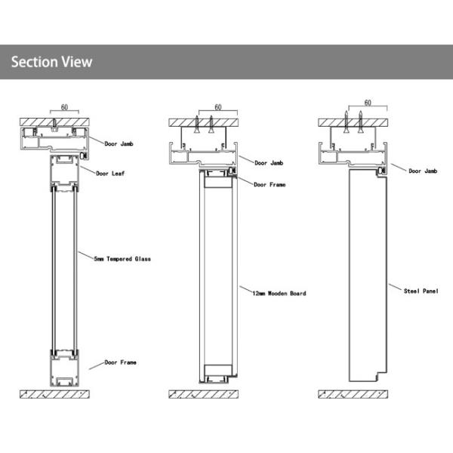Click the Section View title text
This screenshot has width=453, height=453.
[51, 62]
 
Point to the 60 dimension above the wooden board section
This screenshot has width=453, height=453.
[217, 107]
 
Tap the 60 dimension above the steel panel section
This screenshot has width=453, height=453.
[368, 103]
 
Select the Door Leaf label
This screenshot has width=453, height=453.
[110, 173]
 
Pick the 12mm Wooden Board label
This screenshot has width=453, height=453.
[279, 293]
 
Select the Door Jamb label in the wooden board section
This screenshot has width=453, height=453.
[270, 162]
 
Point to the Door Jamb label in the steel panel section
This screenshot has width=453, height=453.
[423, 171]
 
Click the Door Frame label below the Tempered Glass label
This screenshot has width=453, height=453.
[121, 362]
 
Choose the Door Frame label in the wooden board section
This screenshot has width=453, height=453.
[270, 184]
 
